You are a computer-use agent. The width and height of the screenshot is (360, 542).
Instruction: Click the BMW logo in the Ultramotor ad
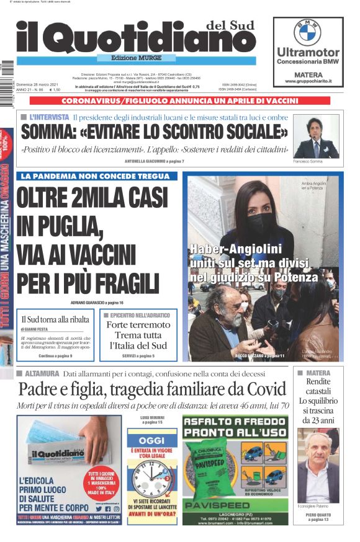pos(307,32)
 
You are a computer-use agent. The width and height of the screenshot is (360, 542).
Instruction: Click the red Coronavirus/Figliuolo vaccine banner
pos(179,100)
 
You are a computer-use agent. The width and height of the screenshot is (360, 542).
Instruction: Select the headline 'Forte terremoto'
pos(138,325)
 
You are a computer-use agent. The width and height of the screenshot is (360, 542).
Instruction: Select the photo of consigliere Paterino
pos(318,464)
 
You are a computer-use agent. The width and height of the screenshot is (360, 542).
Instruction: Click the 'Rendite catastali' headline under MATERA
pos(318,387)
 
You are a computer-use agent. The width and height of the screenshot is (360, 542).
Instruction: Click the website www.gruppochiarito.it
pos(308,81)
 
